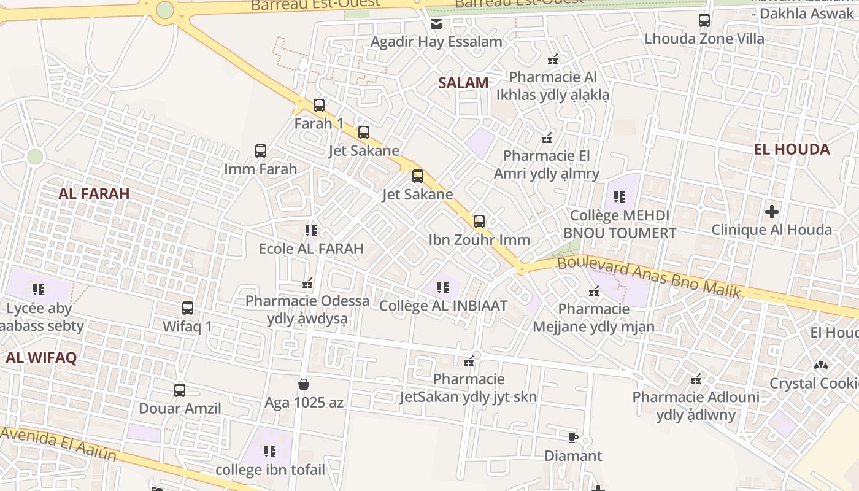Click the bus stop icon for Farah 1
(x=319, y=106)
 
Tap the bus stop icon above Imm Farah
(x=261, y=151)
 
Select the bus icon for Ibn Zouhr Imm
(x=479, y=222)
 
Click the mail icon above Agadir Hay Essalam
(x=436, y=24)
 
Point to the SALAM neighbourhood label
(x=463, y=83)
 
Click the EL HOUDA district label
(x=792, y=149)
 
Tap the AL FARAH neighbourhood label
(x=94, y=194)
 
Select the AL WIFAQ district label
(x=41, y=358)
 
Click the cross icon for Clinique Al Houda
(x=772, y=212)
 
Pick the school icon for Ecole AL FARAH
(x=311, y=231)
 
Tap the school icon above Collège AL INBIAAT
(x=443, y=287)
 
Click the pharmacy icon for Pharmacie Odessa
(x=307, y=284)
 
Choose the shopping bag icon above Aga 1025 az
(x=303, y=385)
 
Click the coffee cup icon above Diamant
(x=573, y=438)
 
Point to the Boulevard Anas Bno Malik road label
(x=649, y=277)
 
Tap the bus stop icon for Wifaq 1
(x=188, y=308)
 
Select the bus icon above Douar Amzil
(x=180, y=390)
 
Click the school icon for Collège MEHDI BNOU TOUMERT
(x=620, y=197)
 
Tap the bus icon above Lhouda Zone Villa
(x=704, y=20)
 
